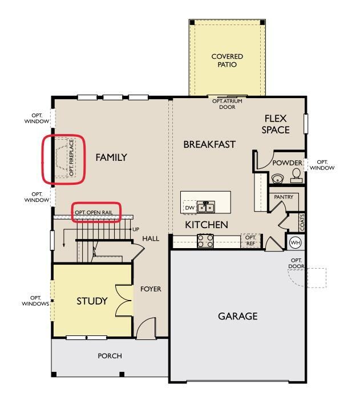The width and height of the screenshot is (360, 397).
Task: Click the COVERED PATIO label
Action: (227, 60)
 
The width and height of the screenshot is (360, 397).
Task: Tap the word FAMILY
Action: (111, 157)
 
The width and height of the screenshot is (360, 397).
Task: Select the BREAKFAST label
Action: (209, 144)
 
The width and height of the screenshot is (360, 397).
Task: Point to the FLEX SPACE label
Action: (276, 124)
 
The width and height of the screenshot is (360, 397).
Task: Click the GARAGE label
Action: (238, 316)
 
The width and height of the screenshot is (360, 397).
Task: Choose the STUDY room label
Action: (92, 301)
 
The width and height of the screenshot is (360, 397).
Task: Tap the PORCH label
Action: (110, 356)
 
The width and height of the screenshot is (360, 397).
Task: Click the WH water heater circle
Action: (296, 242)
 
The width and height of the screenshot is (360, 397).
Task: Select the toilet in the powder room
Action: (296, 176)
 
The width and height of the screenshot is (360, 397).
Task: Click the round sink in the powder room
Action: (277, 179)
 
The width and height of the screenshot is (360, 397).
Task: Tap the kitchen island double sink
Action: (206, 207)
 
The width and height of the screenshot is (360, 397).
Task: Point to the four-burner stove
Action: (205, 241)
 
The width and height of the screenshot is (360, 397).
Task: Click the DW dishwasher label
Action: (189, 208)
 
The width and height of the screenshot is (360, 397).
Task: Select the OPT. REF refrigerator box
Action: (250, 241)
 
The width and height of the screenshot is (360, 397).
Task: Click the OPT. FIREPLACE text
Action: (71, 157)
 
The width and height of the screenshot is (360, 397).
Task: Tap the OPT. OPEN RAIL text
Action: (94, 212)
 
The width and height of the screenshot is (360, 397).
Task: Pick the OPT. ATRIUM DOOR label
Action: (227, 104)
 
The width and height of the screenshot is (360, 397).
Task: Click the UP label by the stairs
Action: (136, 229)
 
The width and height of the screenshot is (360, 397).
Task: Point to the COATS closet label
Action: (302, 222)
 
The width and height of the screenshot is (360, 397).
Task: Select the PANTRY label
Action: (284, 197)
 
